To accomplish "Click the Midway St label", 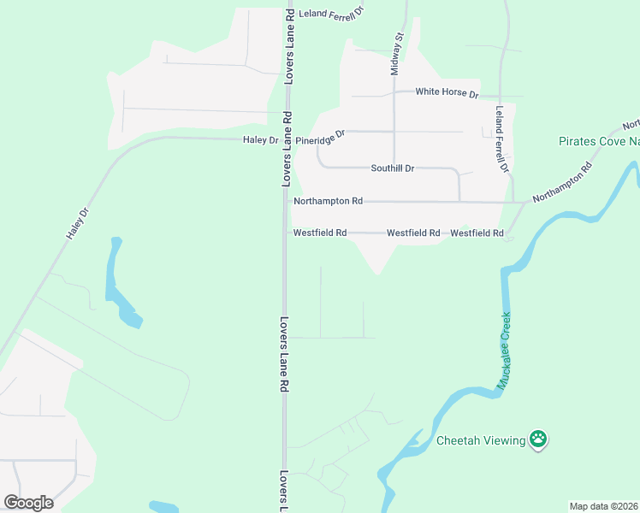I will click(x=396, y=54).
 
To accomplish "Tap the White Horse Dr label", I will click(x=447, y=92).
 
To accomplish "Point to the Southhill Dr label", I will click(x=392, y=168).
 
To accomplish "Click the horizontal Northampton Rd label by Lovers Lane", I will click(x=328, y=201).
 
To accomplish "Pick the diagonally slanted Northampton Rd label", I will click(x=562, y=184).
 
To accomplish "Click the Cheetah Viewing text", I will click(x=480, y=441).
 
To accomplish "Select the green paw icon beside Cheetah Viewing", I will click(x=537, y=440).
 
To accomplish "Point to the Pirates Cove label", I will click(x=599, y=141).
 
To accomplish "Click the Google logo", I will click(x=28, y=503).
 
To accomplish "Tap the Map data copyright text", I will click(x=603, y=506).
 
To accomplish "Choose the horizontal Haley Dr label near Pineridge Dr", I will click(x=260, y=140).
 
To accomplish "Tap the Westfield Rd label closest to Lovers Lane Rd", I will click(x=319, y=233).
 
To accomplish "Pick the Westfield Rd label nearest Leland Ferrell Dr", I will click(x=477, y=233).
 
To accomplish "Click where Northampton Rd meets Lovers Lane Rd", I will click(x=286, y=202).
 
